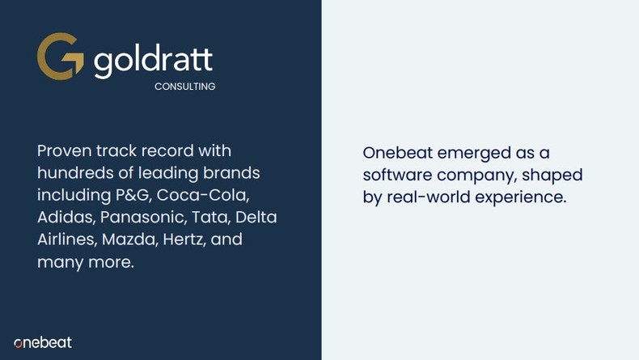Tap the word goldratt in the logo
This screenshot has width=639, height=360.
(x=153, y=61)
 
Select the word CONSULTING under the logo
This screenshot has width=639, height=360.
(x=184, y=87)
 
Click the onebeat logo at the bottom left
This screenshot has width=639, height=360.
(x=43, y=342)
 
